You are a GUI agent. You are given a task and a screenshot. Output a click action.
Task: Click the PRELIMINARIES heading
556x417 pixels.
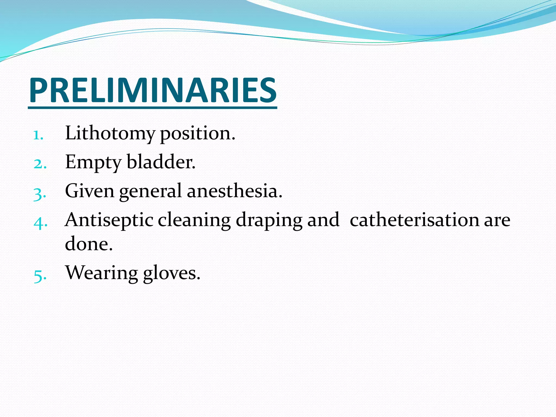(153, 90)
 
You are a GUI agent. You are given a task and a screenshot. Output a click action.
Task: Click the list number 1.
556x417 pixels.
(38, 135)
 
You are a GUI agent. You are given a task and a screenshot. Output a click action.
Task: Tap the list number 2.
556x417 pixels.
(40, 164)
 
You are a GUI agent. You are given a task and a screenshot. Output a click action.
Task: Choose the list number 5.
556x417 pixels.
(40, 276)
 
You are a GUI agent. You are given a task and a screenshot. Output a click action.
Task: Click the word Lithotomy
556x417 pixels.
(110, 134)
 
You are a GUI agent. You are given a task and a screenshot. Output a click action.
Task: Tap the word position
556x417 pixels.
(197, 134)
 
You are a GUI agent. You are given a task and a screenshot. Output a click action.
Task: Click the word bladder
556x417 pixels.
(161, 162)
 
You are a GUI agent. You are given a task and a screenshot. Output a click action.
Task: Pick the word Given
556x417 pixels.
(90, 191)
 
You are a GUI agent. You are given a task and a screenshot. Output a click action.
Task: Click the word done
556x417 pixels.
(89, 244)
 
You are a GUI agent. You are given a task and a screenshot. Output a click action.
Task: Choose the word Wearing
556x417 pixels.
(102, 273)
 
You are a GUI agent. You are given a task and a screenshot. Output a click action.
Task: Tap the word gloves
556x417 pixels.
(171, 273)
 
